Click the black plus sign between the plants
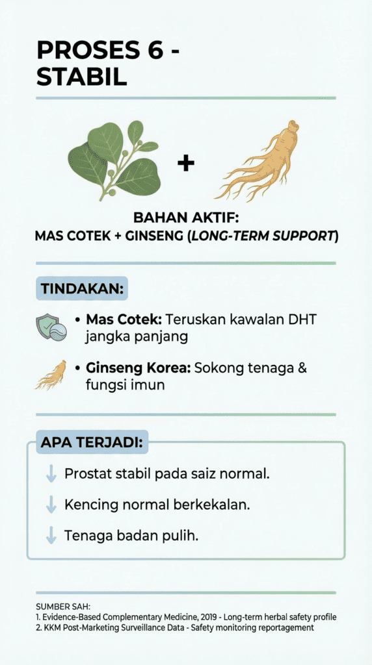tap(185, 164)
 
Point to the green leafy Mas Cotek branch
tap(114, 159)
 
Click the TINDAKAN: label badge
tap(82, 288)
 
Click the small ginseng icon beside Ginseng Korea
tap(51, 375)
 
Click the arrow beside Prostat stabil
tap(51, 473)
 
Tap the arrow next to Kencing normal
tap(51, 505)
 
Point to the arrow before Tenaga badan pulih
tap(51, 536)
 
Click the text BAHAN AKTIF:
tap(187, 218)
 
